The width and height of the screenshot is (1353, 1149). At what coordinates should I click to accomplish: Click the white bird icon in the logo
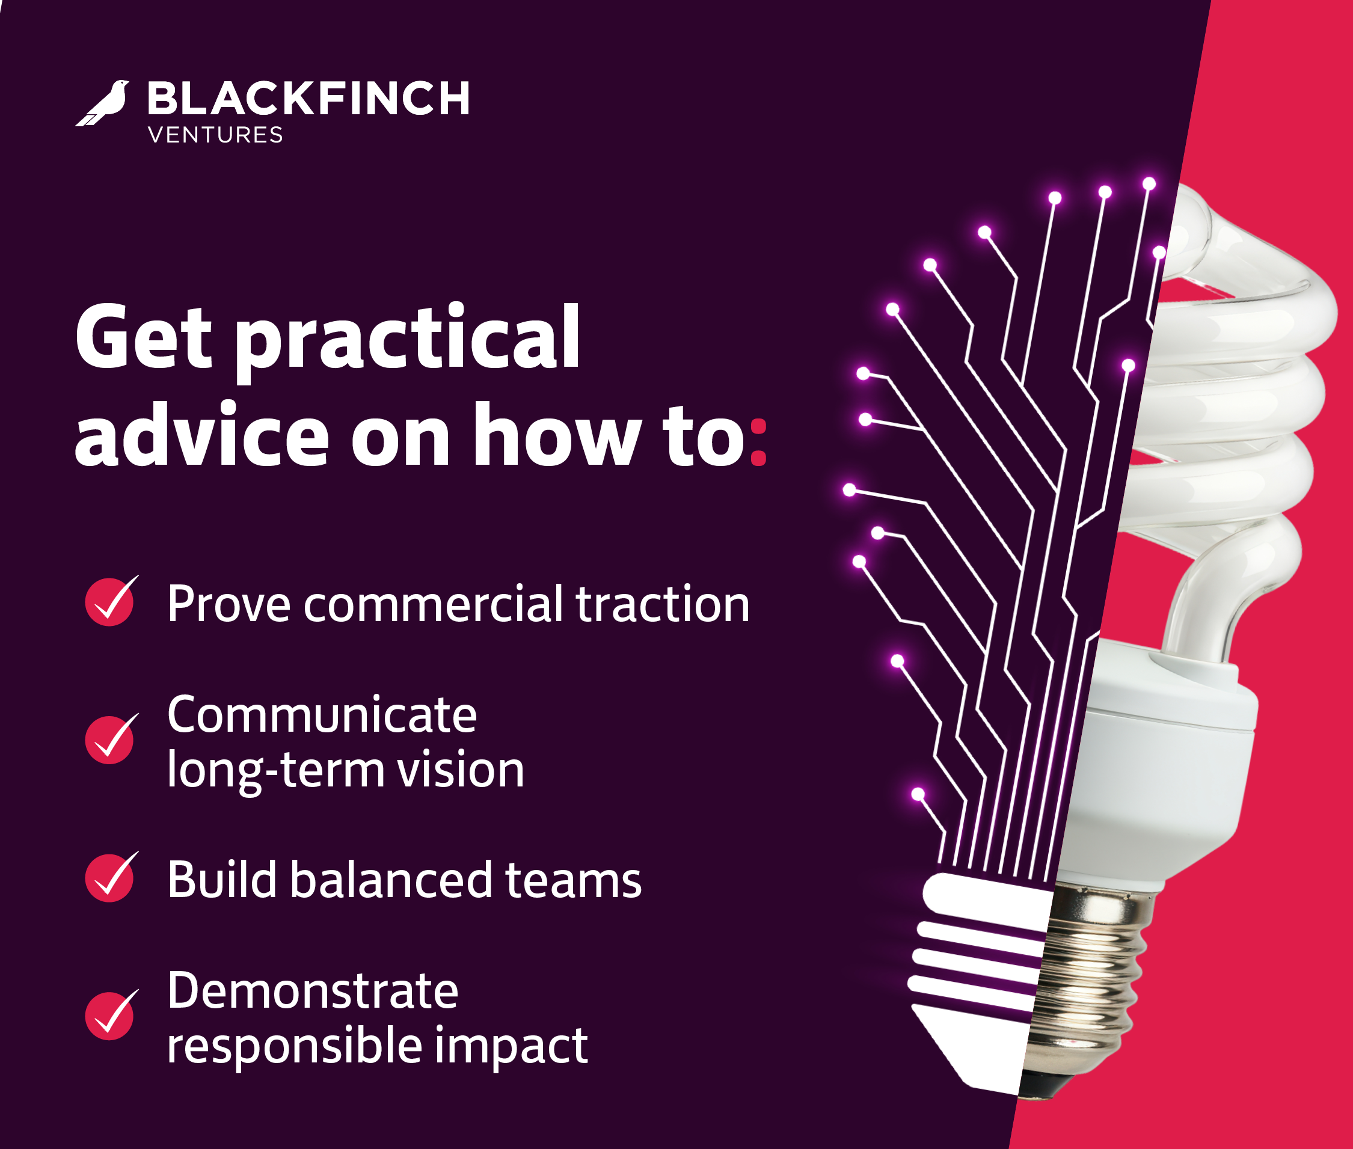(103, 103)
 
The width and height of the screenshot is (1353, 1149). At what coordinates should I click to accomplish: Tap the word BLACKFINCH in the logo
(308, 99)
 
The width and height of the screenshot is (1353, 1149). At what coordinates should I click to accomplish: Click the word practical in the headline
(408, 342)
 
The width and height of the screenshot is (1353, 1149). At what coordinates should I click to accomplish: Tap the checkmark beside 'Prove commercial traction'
(111, 601)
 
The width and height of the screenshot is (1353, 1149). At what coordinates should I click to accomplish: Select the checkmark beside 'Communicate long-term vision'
(111, 738)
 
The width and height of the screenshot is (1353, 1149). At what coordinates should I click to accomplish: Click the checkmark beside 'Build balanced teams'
(111, 877)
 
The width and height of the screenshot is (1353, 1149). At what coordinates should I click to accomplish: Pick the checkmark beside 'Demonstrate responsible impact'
(111, 1015)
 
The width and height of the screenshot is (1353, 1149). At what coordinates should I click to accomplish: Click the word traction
(663, 604)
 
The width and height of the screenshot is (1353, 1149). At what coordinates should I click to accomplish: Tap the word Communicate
(322, 714)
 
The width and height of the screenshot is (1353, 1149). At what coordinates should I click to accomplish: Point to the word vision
(461, 768)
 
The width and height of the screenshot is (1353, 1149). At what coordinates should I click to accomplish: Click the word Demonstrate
(313, 990)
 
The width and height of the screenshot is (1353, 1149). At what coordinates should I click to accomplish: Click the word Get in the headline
(143, 337)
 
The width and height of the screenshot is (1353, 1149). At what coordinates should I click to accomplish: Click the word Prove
(229, 604)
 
